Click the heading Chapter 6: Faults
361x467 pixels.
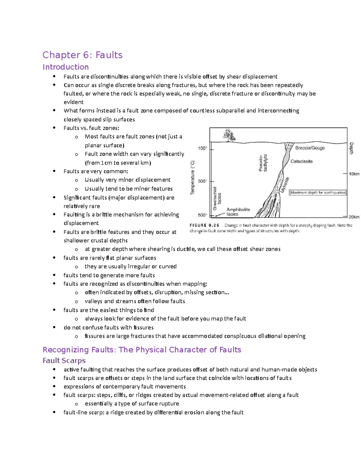(82, 55)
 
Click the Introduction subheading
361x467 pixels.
(66, 67)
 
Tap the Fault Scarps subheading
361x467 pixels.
(64, 360)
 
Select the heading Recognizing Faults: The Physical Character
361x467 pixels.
(142, 349)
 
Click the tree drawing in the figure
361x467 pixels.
(229, 135)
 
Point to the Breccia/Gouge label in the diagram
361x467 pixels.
(310, 148)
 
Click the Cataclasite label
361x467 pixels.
(301, 161)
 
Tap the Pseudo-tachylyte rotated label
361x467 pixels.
(263, 163)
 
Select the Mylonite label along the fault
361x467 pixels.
(285, 185)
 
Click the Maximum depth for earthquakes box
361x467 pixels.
(318, 192)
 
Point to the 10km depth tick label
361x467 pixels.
(354, 174)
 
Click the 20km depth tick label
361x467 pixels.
(354, 217)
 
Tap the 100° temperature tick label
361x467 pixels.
(202, 148)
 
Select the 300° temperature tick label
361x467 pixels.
(202, 181)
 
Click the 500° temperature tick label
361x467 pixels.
(202, 215)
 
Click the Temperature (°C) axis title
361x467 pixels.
(193, 178)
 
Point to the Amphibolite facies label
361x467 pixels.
(238, 212)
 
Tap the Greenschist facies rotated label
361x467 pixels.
(217, 198)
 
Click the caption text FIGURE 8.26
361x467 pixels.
(204, 225)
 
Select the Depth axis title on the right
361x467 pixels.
(351, 149)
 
